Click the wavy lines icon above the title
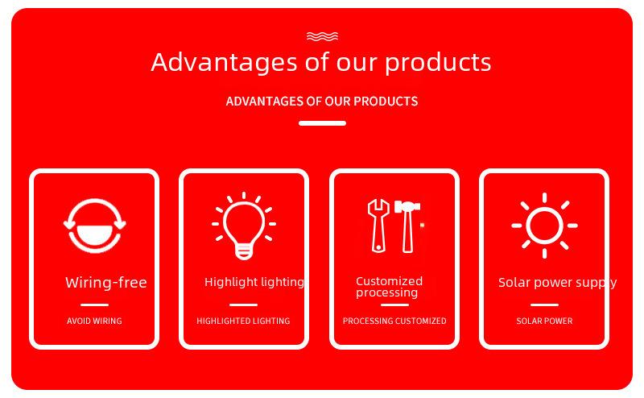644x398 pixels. [x=323, y=36]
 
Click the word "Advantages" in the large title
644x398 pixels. [x=224, y=63]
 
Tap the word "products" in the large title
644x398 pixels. [x=438, y=63]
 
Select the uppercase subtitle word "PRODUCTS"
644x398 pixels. [x=386, y=102]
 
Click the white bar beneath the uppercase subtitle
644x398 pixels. [x=323, y=123]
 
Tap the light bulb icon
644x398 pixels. [x=244, y=226]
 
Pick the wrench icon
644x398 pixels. [x=378, y=226]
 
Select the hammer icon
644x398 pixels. [x=407, y=226]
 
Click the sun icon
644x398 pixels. [x=545, y=226]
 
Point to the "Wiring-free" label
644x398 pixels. [x=106, y=283]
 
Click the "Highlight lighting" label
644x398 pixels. [x=254, y=282]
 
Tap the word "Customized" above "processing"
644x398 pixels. [x=389, y=281]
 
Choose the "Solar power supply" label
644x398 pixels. [x=557, y=283]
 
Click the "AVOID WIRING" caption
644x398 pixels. [x=94, y=321]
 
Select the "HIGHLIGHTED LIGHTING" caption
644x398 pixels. [x=243, y=321]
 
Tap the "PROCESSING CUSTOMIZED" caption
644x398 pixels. [x=394, y=321]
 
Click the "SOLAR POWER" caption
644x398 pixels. [x=544, y=321]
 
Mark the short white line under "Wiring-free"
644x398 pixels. [x=94, y=305]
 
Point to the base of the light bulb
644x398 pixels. [x=244, y=251]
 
